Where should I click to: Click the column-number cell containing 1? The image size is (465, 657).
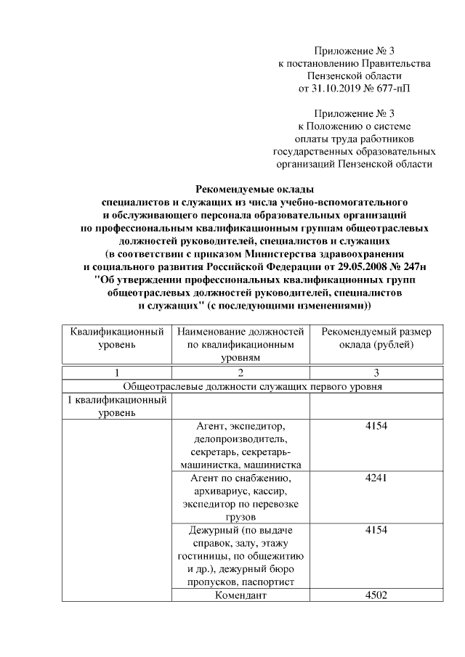pos(116,373)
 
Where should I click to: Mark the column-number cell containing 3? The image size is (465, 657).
pos(376,373)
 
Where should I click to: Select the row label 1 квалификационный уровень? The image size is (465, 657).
pos(116,407)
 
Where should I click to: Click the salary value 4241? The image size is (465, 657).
pos(376,478)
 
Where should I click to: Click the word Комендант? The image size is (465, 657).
pos(241,596)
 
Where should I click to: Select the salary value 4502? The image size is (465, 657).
pos(376,596)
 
